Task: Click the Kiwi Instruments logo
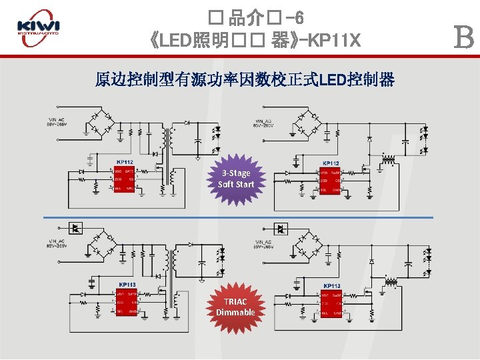point(39,28)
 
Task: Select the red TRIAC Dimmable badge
point(235,307)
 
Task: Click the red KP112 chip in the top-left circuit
point(124,179)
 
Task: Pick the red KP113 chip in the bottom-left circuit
point(126,302)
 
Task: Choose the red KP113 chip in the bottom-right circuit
point(331,302)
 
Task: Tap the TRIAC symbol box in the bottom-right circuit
point(281,229)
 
